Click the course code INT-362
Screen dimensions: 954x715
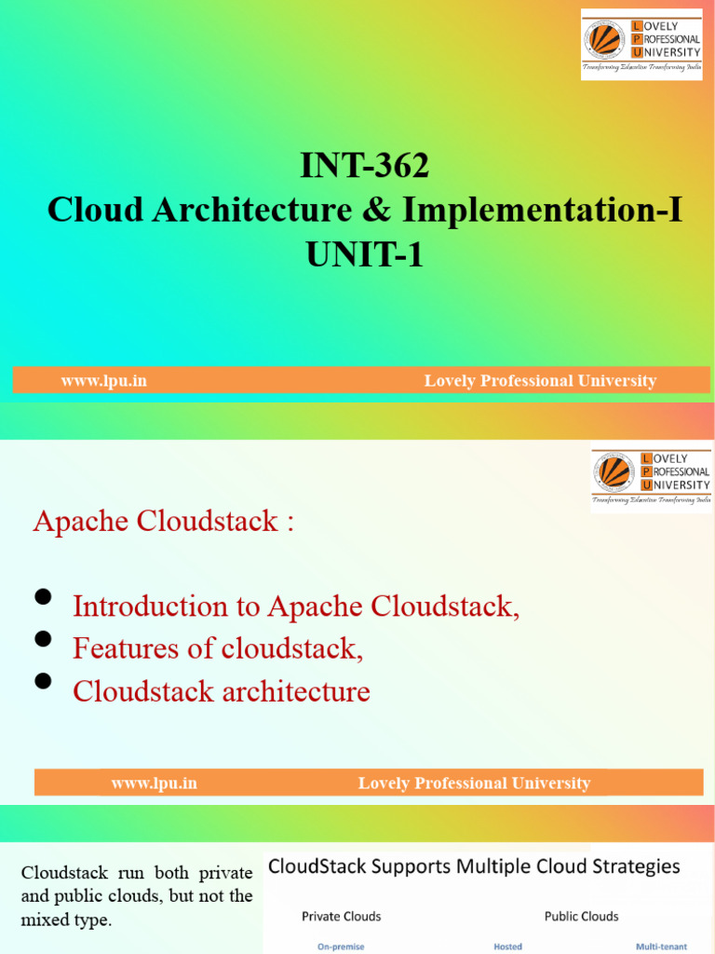point(364,167)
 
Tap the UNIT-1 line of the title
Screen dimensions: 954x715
point(364,253)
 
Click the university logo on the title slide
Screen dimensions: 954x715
point(641,44)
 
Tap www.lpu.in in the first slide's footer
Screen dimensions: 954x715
point(103,380)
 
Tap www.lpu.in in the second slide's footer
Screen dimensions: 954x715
point(154,784)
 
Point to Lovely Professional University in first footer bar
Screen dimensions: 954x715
point(540,380)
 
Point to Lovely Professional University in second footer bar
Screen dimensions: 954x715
point(474,784)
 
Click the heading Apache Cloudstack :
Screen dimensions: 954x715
point(164,521)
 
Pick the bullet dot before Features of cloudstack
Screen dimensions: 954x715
point(43,639)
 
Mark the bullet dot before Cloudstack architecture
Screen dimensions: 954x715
point(43,682)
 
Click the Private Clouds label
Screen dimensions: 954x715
point(341,916)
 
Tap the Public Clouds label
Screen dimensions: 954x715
point(581,916)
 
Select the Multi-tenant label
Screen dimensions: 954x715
point(661,947)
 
